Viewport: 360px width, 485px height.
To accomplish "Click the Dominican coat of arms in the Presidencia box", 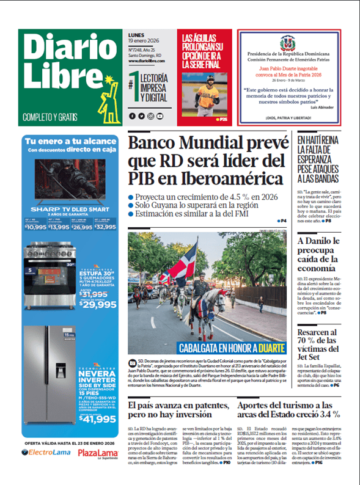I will click(x=287, y=43).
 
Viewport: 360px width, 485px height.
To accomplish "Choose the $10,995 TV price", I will click(x=35, y=227).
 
